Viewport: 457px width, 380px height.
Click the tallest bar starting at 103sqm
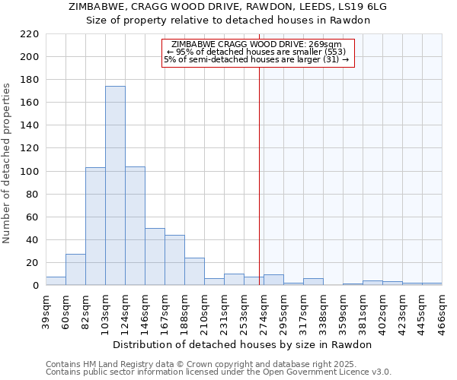pos(115,185)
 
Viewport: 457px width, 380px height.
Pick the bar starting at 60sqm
pos(75,270)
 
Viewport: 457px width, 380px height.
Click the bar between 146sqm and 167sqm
pos(155,257)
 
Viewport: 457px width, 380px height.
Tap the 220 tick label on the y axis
pos(30,34)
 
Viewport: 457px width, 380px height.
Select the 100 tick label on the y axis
pos(30,172)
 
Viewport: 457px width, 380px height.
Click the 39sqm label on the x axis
pos(46,308)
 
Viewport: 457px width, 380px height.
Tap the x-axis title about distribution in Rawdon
pos(241,344)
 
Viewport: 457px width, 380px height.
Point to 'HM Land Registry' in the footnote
pos(117,364)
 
